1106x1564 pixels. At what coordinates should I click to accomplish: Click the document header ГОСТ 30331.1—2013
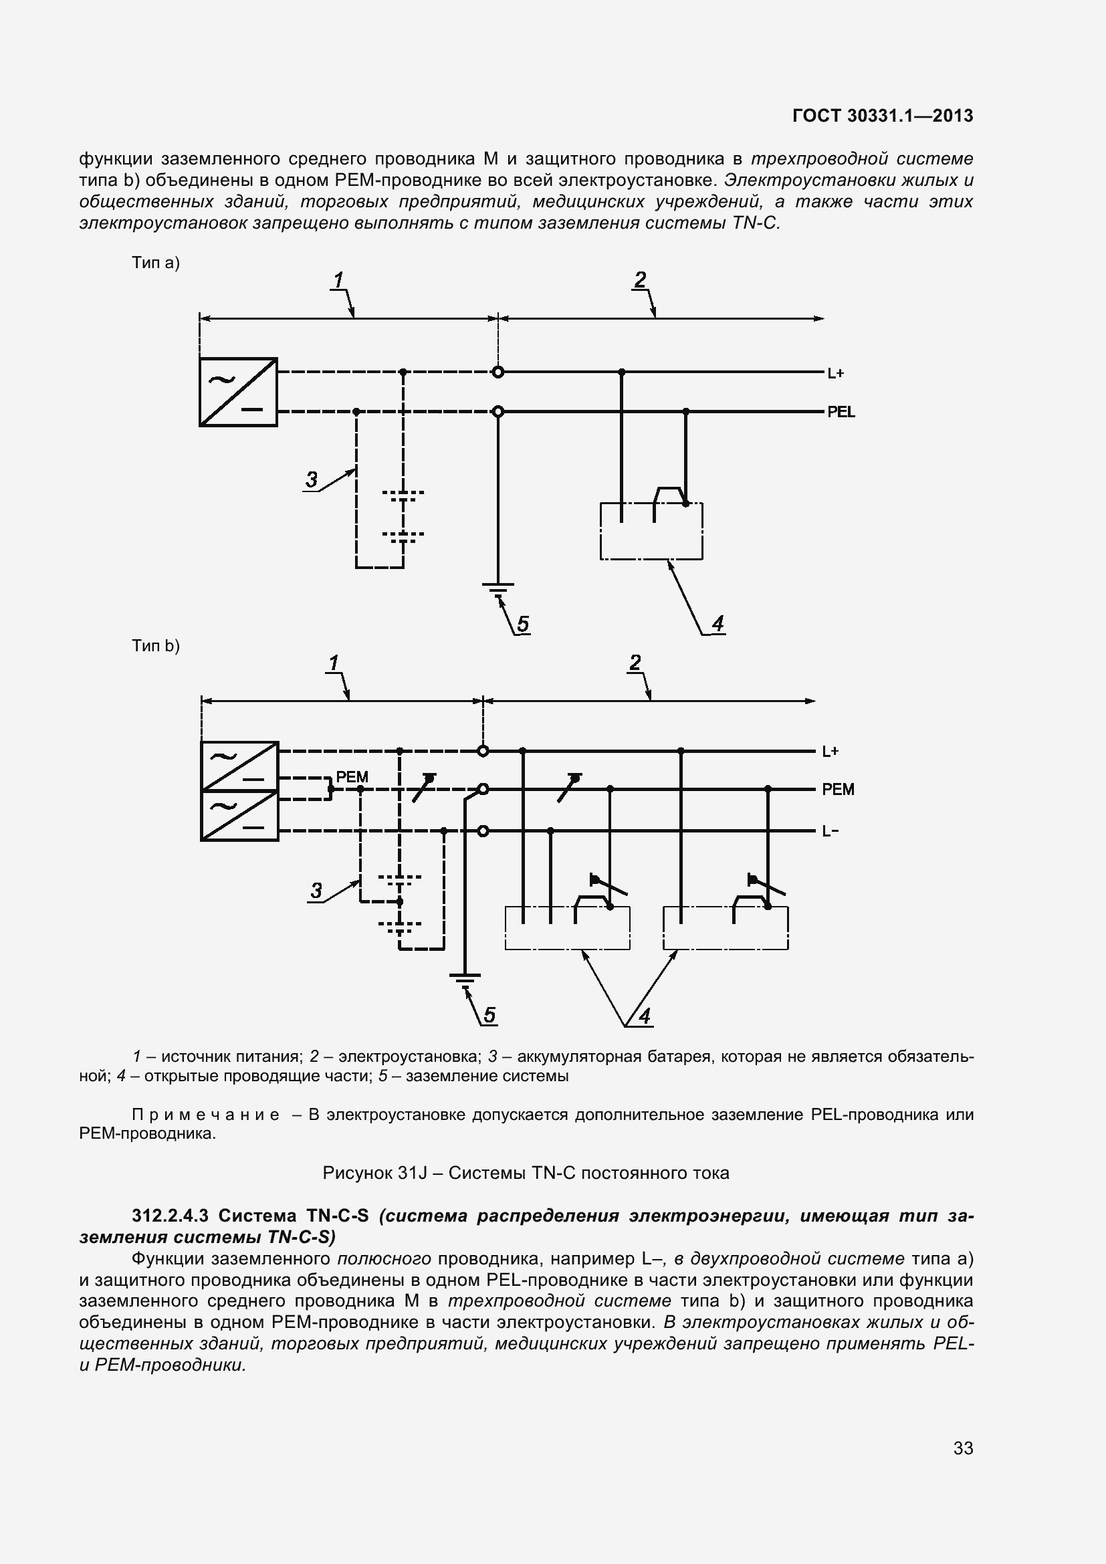click(883, 116)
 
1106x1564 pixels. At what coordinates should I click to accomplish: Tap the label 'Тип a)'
click(156, 263)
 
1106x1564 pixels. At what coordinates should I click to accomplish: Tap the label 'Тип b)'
click(156, 646)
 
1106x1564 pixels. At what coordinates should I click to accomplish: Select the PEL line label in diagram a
click(841, 412)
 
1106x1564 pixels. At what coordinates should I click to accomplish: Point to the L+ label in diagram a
click(836, 373)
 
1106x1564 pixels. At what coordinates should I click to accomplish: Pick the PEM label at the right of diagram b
click(838, 790)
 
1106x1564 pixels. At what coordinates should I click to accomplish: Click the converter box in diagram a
click(238, 393)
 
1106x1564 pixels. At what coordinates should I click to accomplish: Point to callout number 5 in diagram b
click(489, 1016)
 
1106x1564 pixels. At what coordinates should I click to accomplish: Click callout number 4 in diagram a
click(717, 623)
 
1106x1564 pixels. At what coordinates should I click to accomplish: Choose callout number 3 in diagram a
click(311, 479)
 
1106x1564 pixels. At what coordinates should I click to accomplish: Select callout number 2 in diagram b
click(635, 662)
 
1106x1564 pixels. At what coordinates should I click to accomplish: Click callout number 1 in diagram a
click(338, 280)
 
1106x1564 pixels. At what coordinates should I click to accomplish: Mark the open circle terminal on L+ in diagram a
click(498, 372)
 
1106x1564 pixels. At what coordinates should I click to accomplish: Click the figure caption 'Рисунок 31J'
click(525, 1173)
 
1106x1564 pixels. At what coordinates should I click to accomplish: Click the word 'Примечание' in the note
click(205, 1115)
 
